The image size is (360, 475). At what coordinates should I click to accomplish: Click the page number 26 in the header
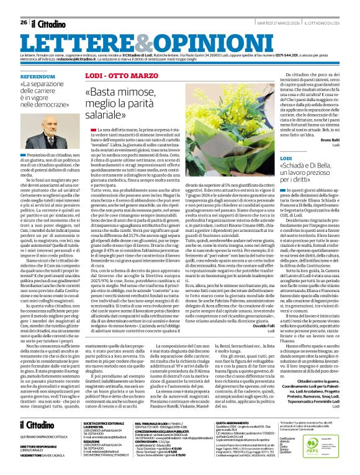pyautogui.click(x=23, y=6)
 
